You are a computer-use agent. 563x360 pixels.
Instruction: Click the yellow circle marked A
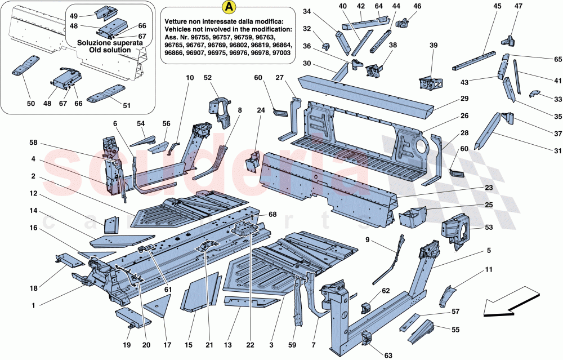pos(228,8)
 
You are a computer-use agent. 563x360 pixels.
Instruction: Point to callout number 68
pos(273,215)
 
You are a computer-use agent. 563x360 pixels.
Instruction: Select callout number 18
pos(33,288)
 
